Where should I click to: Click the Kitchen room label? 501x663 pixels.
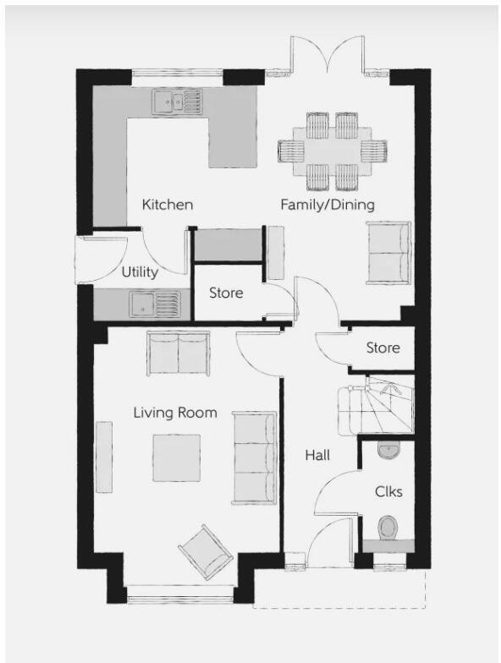pyautogui.click(x=168, y=205)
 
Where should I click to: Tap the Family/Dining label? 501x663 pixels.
pyautogui.click(x=328, y=205)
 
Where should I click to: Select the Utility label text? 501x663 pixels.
pyautogui.click(x=140, y=272)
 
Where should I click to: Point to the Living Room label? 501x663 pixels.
pyautogui.click(x=175, y=413)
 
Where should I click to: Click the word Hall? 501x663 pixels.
pyautogui.click(x=317, y=455)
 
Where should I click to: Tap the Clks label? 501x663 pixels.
pyautogui.click(x=388, y=491)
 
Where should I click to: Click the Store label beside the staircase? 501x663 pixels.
pyautogui.click(x=383, y=348)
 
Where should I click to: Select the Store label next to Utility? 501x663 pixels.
pyautogui.click(x=226, y=293)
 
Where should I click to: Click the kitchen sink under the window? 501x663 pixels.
pyautogui.click(x=178, y=102)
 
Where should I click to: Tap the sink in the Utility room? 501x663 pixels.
pyautogui.click(x=155, y=302)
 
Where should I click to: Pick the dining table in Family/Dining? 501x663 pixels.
pyautogui.click(x=332, y=151)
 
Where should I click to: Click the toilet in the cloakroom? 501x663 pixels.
pyautogui.click(x=388, y=529)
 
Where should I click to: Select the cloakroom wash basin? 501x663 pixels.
pyautogui.click(x=388, y=450)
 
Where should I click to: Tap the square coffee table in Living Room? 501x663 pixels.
pyautogui.click(x=177, y=458)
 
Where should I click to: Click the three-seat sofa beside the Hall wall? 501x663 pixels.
pyautogui.click(x=255, y=458)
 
